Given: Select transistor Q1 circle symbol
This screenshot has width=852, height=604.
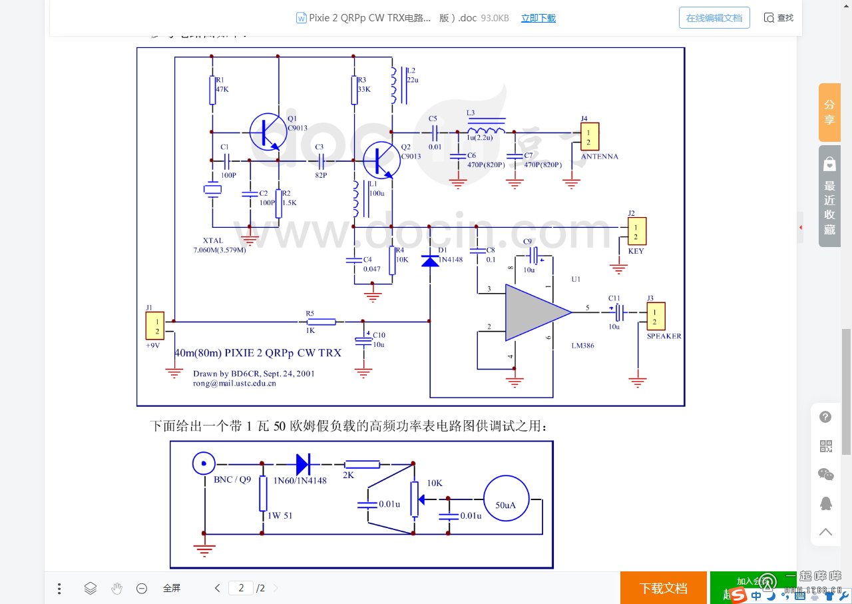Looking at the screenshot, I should [x=268, y=131].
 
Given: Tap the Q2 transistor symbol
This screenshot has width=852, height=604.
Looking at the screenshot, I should [x=382, y=160].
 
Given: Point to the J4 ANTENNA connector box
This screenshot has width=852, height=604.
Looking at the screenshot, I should [x=589, y=137].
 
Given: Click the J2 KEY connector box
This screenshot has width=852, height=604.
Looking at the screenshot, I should [x=636, y=231].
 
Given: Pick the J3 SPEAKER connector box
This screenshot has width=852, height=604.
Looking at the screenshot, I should [x=656, y=316].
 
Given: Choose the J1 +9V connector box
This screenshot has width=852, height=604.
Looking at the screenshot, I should [x=155, y=326].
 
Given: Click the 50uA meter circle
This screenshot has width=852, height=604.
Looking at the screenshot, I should [x=505, y=498].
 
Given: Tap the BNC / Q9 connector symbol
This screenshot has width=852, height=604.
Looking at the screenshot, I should [x=204, y=463].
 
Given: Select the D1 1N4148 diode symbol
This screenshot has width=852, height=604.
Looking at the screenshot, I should [x=431, y=260].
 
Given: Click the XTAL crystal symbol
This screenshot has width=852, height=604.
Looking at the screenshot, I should [x=212, y=190].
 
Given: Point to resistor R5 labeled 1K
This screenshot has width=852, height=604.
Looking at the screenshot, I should [x=322, y=322].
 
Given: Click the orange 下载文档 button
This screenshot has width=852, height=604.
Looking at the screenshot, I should [x=663, y=588].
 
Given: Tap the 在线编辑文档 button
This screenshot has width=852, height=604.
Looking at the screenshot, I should [x=714, y=18].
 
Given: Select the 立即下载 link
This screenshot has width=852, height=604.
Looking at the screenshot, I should [x=538, y=18].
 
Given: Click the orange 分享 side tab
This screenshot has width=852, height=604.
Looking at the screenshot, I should [x=829, y=112].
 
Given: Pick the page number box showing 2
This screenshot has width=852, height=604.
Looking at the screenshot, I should [x=241, y=588].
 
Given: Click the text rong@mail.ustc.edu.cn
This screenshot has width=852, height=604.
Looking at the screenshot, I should [x=234, y=384].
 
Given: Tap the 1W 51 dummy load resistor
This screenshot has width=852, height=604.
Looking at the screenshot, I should [x=263, y=493].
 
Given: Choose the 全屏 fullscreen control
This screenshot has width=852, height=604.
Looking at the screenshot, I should [x=172, y=588].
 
